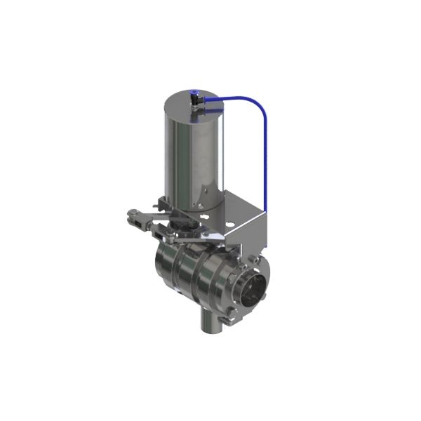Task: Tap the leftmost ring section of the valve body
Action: [x=164, y=270]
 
